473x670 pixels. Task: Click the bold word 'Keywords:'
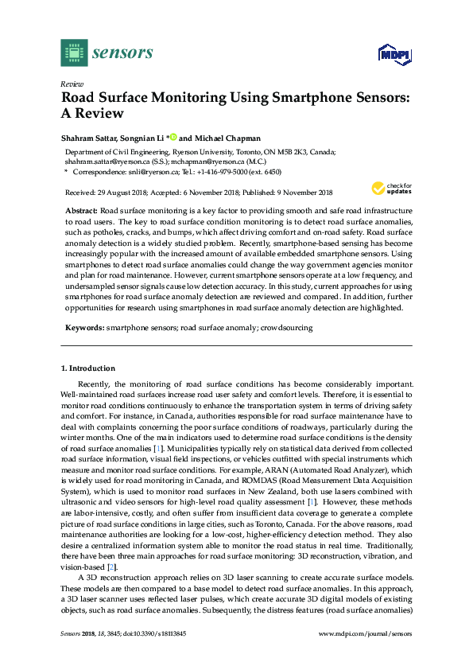[85, 327]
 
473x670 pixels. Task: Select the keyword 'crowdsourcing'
[286, 327]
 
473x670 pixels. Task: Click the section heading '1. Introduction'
[88, 368]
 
